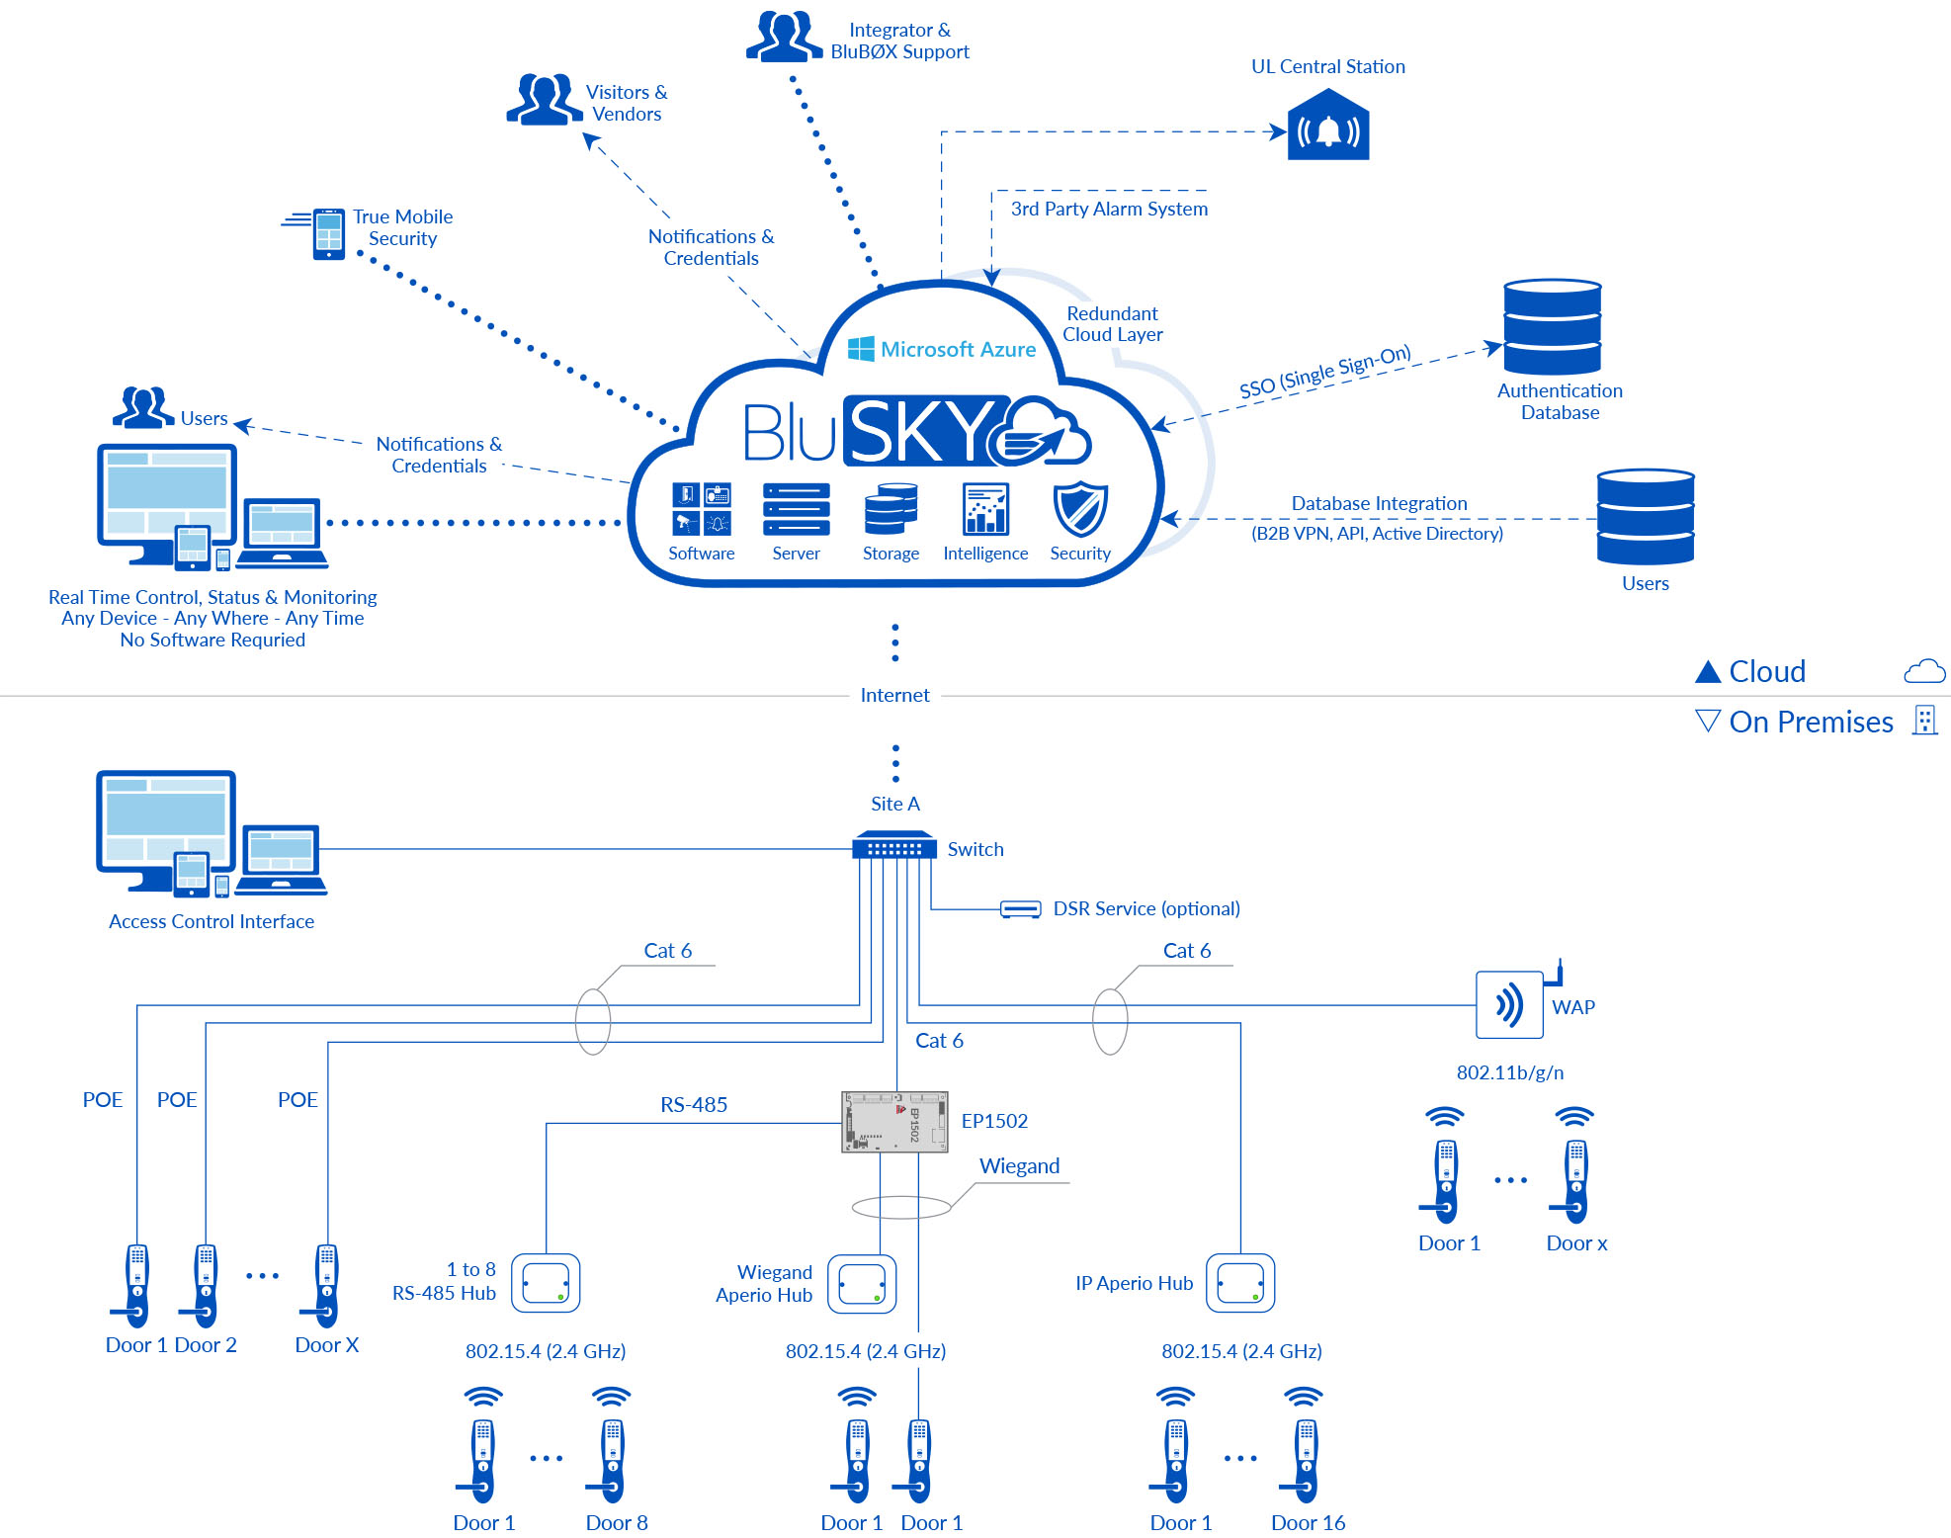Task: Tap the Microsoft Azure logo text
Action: [x=942, y=349]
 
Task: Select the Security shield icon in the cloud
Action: [x=1079, y=510]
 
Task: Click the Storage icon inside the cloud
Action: [x=891, y=510]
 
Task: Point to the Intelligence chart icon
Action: [x=985, y=510]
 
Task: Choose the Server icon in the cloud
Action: [x=796, y=510]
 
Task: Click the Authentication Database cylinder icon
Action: [x=1552, y=327]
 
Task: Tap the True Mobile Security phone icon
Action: [x=327, y=234]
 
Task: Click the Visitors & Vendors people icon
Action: [x=543, y=100]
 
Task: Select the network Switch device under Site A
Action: [x=893, y=846]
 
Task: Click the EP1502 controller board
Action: [x=893, y=1122]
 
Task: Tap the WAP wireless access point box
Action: [x=1508, y=1005]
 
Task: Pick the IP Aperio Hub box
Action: [x=1240, y=1284]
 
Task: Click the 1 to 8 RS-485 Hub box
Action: [x=546, y=1283]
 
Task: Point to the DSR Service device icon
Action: [x=1020, y=908]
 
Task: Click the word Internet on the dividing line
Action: [x=894, y=695]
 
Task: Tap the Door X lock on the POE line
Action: [x=326, y=1285]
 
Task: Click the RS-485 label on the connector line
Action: [x=694, y=1105]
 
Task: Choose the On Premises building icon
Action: [x=1923, y=720]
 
